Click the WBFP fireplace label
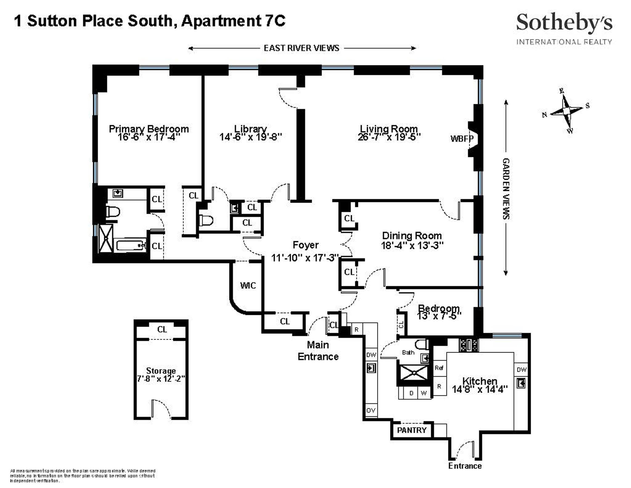[x=461, y=139]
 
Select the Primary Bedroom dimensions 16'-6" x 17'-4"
[x=148, y=137]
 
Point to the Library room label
[x=250, y=129]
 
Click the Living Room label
[x=389, y=129]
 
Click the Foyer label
[x=305, y=245]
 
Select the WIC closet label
[x=248, y=285]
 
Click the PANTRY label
[x=411, y=430]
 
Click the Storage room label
[x=161, y=371]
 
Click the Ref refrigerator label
[x=439, y=368]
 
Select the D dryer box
[x=411, y=393]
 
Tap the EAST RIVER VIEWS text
[x=301, y=48]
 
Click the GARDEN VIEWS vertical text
[x=506, y=188]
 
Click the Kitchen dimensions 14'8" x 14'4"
[x=480, y=390]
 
